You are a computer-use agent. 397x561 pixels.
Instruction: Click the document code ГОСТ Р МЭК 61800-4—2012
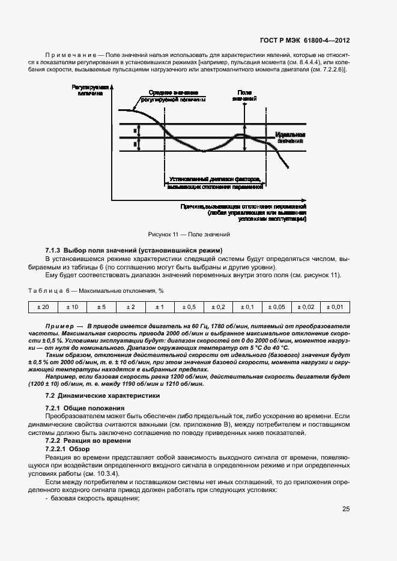[x=305, y=41]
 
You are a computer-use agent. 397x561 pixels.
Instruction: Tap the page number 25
[x=346, y=509]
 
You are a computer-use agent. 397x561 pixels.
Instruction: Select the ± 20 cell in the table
[x=43, y=307]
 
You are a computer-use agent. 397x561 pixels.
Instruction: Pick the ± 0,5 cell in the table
[x=189, y=307]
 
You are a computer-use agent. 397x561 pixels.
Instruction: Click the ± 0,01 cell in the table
[x=335, y=307]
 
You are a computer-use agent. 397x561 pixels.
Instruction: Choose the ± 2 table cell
[x=130, y=307]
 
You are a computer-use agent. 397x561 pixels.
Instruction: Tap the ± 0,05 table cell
[x=276, y=307]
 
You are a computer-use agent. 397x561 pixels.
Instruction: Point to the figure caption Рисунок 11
[x=189, y=235]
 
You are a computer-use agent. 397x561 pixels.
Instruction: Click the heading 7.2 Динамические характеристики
[x=103, y=396]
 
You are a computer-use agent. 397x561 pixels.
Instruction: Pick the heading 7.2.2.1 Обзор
[x=67, y=449]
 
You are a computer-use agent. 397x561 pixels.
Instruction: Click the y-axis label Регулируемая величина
[x=89, y=90]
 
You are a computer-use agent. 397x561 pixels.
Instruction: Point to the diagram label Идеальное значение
[x=291, y=137]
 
